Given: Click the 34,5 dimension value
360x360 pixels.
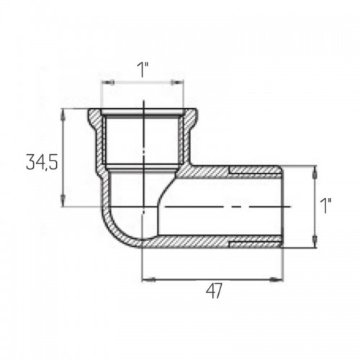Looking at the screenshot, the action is tap(42, 162).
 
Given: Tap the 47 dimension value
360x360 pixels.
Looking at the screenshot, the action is tap(214, 291).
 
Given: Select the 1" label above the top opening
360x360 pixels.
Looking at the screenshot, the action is tap(143, 70).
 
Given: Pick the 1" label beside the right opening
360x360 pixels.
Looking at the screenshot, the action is tap(325, 206).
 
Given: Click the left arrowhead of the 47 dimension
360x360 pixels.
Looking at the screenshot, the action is tap(148, 279).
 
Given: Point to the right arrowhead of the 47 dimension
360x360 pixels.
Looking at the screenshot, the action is tap(277, 279).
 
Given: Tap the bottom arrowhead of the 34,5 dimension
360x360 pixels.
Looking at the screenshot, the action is tap(63, 200).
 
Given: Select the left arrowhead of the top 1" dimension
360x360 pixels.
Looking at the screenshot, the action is tap(108, 83).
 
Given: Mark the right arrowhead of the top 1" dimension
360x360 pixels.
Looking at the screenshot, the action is tap(177, 83).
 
